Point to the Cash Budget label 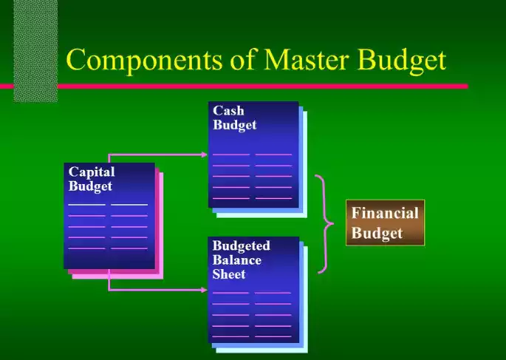coord(234,118)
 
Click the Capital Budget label coord(92,179)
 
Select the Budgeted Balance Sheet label coord(241,259)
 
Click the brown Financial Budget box coord(385,223)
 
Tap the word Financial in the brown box coord(385,214)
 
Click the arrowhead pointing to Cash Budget coord(205,154)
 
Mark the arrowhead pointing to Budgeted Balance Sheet coord(205,290)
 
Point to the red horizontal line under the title coord(259,86)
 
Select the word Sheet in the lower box coord(229,274)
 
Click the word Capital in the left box coord(92,171)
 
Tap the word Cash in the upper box coord(228,111)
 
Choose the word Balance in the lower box coord(237,259)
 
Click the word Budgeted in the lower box coord(241,245)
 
